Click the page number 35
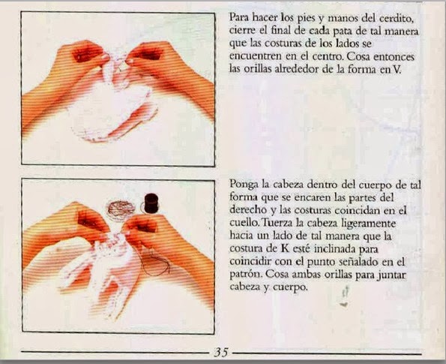coord(221,352)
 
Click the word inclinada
coord(332,249)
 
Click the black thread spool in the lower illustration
coord(151,203)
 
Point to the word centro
coord(327,57)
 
